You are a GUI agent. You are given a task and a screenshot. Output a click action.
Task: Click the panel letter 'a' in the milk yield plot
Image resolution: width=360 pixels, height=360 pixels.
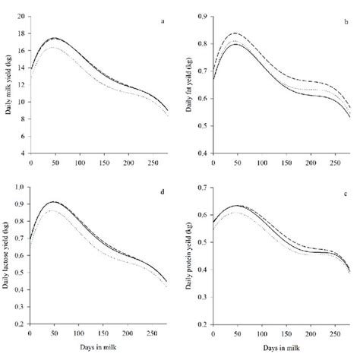tap(163, 20)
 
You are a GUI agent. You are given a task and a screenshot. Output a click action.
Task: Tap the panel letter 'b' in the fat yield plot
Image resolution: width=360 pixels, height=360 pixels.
tap(346, 20)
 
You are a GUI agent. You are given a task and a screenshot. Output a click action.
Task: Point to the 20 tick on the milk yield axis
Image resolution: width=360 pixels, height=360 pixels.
tap(21, 15)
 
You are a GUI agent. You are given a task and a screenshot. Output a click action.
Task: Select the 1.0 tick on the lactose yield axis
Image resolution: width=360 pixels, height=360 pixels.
tap(21, 187)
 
